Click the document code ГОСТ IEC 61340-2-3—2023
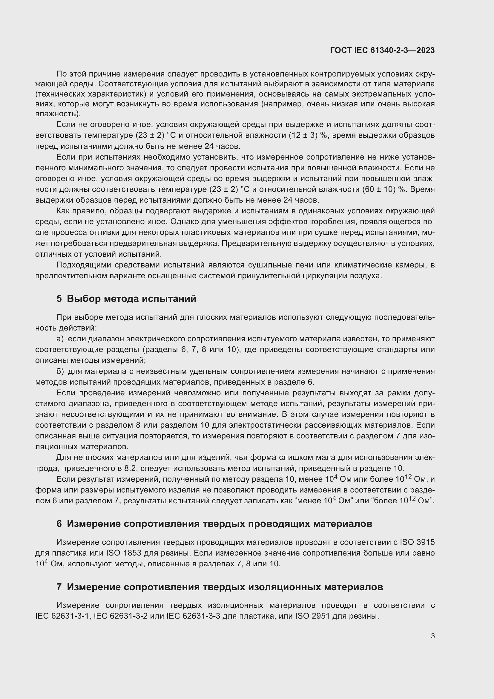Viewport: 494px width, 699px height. (382, 50)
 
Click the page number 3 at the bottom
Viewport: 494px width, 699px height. (432, 636)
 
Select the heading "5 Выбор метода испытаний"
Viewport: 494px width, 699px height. (126, 299)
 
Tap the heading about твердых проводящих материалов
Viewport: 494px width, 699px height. (214, 524)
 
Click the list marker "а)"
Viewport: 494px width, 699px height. (60, 339)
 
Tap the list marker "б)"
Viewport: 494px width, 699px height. (60, 371)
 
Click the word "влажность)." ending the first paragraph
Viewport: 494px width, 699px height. (58, 114)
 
